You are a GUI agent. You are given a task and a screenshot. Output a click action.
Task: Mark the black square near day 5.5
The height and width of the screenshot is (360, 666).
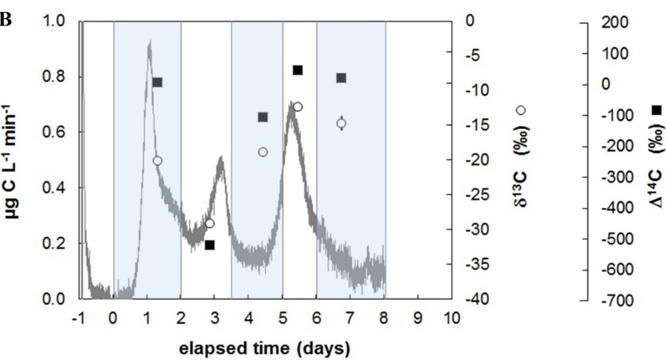point(297,70)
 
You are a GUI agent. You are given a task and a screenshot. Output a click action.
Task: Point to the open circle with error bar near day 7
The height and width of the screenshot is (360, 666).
point(341,124)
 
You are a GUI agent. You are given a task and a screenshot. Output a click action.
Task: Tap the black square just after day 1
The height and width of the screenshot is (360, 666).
point(157,82)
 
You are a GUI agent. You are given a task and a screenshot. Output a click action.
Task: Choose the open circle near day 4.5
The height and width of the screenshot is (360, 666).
point(263,151)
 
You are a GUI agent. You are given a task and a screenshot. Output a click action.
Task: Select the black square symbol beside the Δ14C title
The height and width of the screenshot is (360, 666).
point(656,110)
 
